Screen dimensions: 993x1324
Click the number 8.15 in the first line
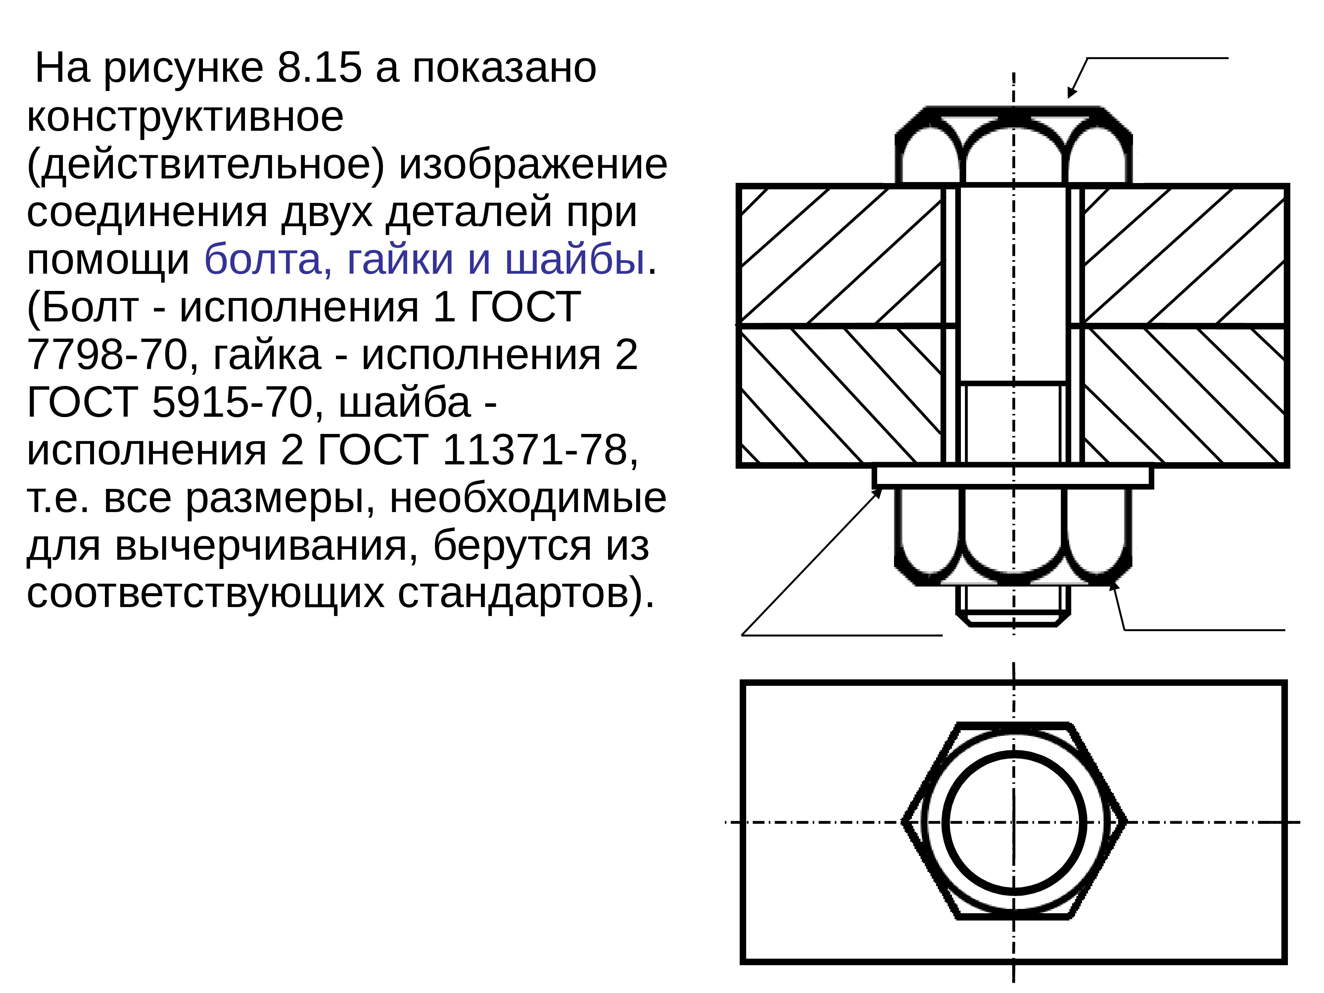(x=320, y=68)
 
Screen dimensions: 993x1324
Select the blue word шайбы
(x=575, y=260)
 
